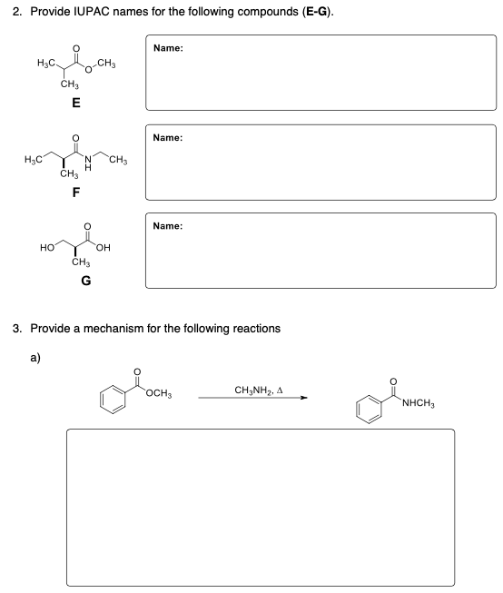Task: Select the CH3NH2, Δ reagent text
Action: [x=254, y=390]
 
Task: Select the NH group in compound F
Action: [x=89, y=164]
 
